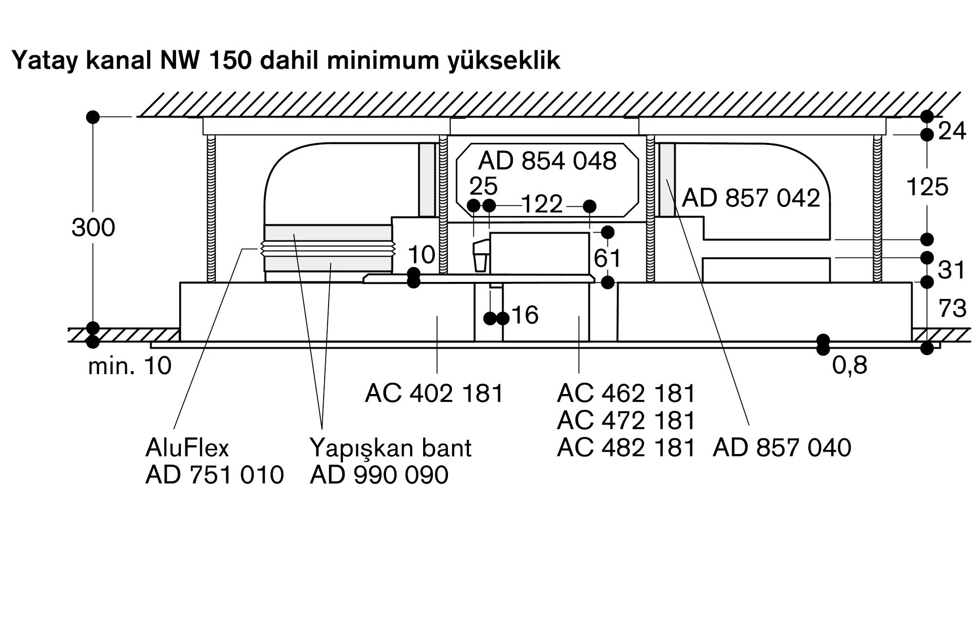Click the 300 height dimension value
93,228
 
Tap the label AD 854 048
547,161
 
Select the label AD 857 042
751,198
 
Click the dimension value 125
927,187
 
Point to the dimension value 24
952,131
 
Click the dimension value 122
542,204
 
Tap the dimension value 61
607,258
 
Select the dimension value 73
952,309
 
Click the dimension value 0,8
849,365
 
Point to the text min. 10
130,366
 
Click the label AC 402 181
433,393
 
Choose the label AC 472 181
625,420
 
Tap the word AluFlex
187,448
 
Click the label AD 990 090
379,475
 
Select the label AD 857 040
781,448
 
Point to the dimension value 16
525,315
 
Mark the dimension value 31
951,270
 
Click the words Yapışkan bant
390,448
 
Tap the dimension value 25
483,186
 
